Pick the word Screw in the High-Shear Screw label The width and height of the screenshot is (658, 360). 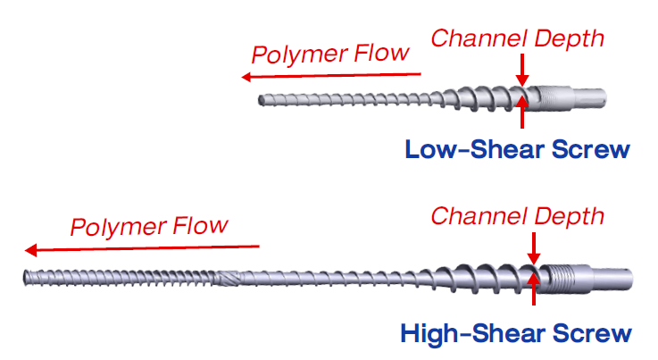(x=587, y=334)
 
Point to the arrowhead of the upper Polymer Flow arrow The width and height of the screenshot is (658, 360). (x=246, y=78)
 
